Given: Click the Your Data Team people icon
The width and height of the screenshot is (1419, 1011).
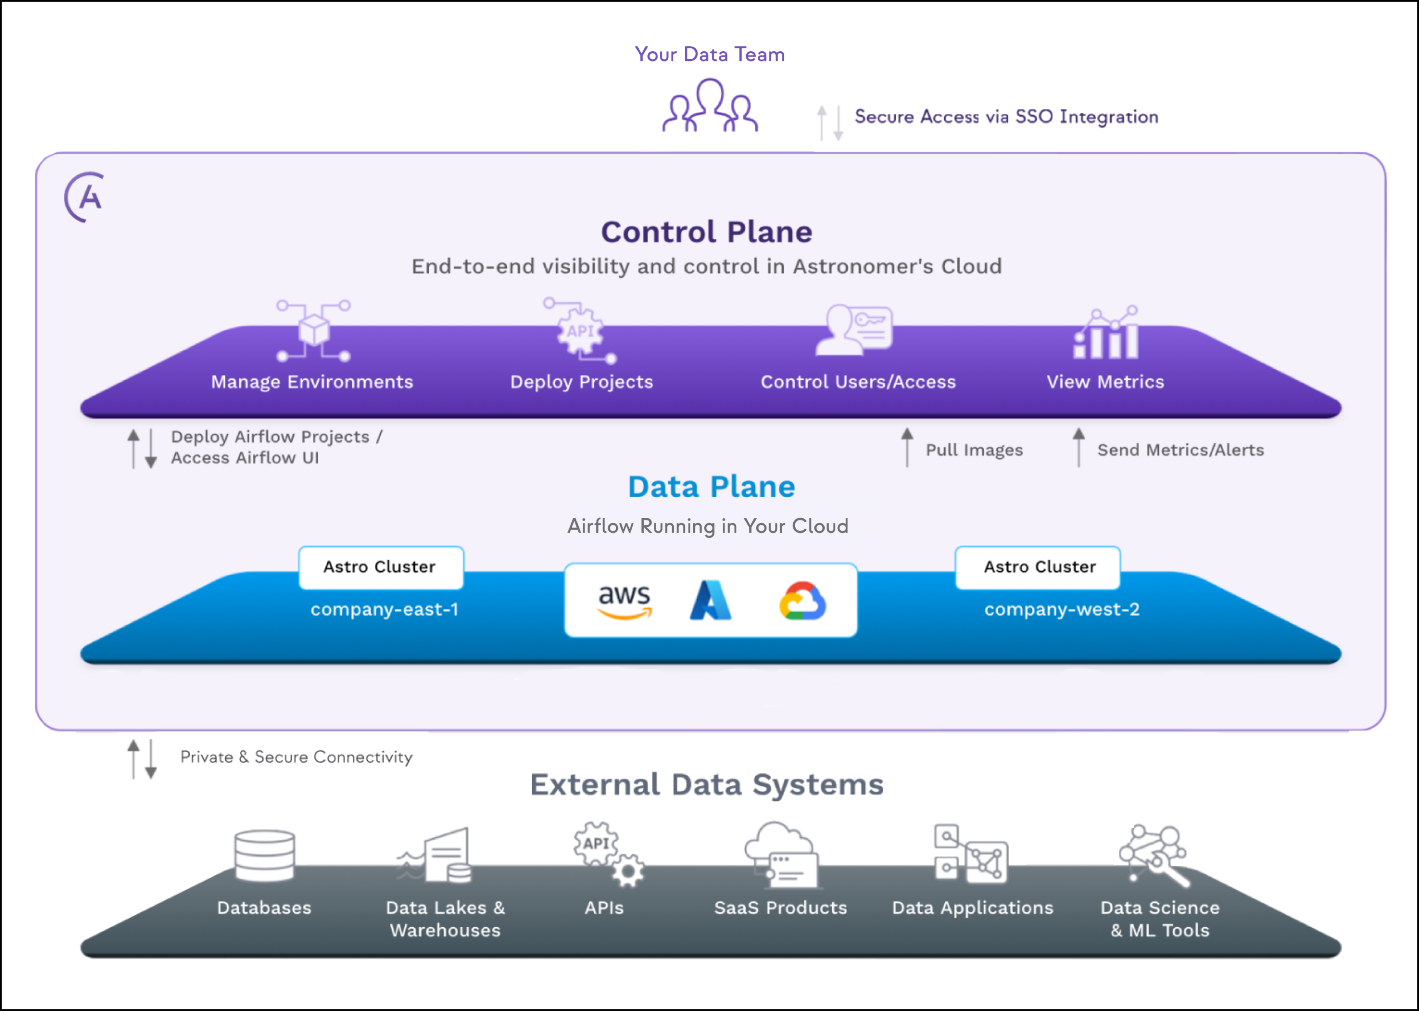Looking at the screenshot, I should pos(709,106).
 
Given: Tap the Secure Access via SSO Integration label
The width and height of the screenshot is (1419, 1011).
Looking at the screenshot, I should pos(1006,117).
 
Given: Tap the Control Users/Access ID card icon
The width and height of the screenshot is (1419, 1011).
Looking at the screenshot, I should pos(855,329).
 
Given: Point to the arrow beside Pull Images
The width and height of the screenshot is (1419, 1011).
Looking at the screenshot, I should pos(907,447).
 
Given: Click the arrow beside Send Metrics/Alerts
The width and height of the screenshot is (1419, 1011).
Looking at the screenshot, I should pos(1078,447).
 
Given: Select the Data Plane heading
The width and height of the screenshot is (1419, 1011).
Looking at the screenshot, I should pos(711,487).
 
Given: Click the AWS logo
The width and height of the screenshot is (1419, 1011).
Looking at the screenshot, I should pos(624,601).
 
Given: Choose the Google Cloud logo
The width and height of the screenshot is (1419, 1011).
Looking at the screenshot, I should pos(802,601).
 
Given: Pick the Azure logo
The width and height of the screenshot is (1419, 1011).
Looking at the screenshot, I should pos(710,601).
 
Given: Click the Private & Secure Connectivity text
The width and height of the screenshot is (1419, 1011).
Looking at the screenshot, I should pos(296,757).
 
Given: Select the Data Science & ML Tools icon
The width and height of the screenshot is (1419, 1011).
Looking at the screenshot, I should pos(1153,854).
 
